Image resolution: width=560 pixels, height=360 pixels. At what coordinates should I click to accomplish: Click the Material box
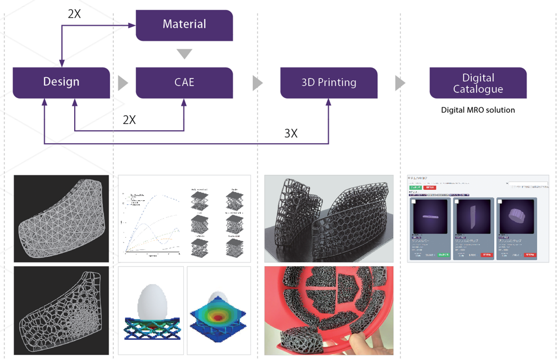[x=184, y=24]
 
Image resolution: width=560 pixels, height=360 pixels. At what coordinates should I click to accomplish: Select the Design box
[x=61, y=82]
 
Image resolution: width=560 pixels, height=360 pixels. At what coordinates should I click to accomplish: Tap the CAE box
[x=184, y=82]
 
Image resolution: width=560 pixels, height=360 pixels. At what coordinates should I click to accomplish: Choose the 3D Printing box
[x=329, y=82]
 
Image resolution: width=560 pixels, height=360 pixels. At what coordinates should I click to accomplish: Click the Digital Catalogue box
[x=478, y=83]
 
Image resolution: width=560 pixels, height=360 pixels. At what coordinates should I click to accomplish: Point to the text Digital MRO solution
[x=478, y=110]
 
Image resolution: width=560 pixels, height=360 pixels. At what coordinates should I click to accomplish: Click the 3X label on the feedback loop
[x=291, y=133]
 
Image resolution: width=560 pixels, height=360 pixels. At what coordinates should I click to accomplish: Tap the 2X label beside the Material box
[x=74, y=14]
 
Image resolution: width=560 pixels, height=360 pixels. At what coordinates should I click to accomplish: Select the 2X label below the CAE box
[x=129, y=120]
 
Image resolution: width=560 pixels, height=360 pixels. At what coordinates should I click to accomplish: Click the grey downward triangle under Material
[x=184, y=53]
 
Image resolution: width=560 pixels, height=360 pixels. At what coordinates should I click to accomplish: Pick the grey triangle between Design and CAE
[x=122, y=83]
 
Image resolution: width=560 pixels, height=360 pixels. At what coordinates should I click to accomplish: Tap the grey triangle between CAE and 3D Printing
[x=257, y=83]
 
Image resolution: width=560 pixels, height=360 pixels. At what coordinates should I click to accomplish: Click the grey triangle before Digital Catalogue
[x=400, y=83]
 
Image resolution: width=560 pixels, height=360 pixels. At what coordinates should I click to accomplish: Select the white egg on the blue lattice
[x=151, y=301]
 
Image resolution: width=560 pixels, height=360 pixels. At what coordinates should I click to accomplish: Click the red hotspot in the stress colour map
[x=218, y=315]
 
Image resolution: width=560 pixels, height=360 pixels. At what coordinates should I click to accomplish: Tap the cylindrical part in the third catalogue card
[x=516, y=216]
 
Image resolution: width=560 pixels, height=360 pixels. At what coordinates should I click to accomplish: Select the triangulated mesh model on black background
[x=61, y=218]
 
